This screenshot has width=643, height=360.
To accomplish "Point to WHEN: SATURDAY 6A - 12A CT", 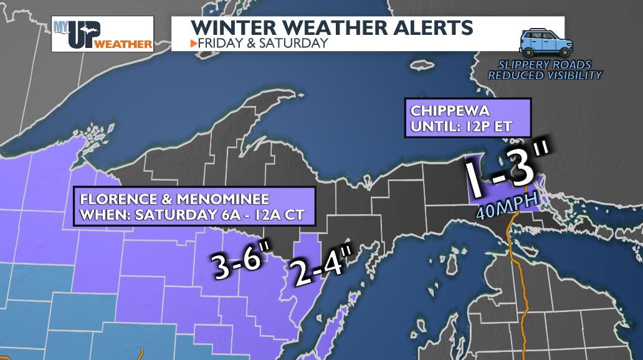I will tap(193, 215).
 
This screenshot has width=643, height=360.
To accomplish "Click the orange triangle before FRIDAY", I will tap(194, 44).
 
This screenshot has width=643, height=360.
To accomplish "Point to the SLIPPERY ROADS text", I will tap(545, 65).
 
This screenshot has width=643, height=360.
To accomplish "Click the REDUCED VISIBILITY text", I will tap(545, 75).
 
